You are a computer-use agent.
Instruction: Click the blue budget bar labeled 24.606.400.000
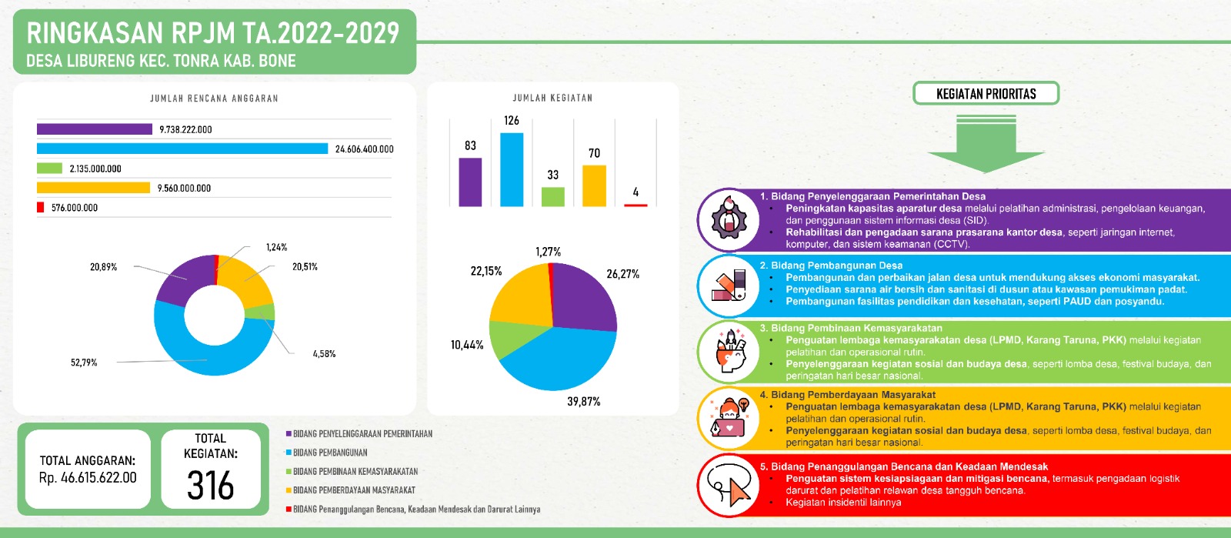point(182,149)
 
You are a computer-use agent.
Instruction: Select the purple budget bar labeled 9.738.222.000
point(94,129)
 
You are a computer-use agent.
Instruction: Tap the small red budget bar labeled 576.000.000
point(40,207)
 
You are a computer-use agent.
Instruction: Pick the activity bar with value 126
point(512,169)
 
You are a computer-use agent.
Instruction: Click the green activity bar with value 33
point(552,196)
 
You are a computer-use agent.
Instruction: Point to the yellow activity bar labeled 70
point(594,185)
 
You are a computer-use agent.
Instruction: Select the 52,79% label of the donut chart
point(84,363)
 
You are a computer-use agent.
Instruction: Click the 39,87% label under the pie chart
point(583,402)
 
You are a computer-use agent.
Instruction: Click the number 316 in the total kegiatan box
point(210,486)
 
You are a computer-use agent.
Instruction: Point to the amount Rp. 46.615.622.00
point(88,478)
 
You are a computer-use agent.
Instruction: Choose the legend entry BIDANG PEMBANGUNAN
point(330,453)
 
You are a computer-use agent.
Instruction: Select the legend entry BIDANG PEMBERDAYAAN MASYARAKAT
point(353,490)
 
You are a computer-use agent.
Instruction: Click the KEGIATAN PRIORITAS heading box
point(986,94)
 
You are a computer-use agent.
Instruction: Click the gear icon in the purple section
point(728,220)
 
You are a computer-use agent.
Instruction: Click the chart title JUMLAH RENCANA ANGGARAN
point(214,99)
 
